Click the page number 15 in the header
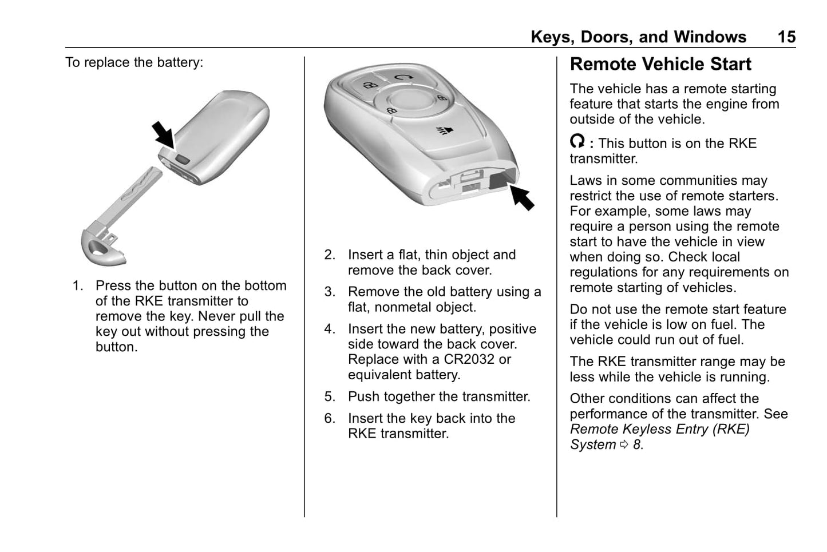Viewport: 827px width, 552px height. coord(786,37)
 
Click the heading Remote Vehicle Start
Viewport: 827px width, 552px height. coord(660,64)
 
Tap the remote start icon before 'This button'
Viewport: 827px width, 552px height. coord(577,141)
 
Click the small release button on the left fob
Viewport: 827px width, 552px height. coord(182,160)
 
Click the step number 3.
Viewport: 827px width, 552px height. coord(330,292)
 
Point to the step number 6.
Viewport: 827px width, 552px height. coord(330,418)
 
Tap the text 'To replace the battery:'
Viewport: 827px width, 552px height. coord(134,62)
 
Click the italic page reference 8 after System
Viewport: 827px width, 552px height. coord(637,444)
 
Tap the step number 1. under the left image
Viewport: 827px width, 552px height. coord(78,285)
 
